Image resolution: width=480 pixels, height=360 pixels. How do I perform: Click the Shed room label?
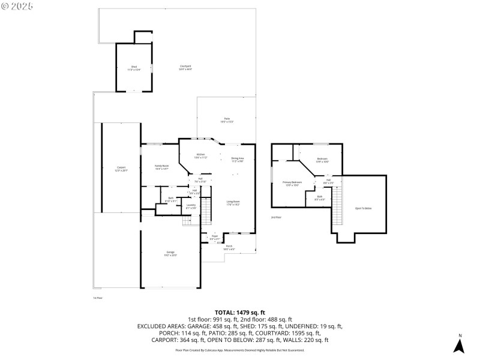tap(133, 68)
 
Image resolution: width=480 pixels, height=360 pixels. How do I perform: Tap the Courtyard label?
tap(185, 67)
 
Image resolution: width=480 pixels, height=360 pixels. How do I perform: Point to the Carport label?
tap(121, 169)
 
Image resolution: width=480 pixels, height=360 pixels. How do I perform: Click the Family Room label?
tap(161, 167)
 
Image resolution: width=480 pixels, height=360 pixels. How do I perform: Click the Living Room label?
tap(233, 203)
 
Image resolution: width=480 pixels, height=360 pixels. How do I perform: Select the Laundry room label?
tap(191, 206)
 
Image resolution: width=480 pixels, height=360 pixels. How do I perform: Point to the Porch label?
tap(229, 247)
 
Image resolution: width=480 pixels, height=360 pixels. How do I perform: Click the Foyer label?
tap(214, 238)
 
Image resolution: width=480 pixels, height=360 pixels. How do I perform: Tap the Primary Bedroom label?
tap(292, 183)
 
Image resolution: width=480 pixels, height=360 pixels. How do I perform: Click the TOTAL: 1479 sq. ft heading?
tap(239, 313)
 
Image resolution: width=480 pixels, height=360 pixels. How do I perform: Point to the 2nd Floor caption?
tap(276, 217)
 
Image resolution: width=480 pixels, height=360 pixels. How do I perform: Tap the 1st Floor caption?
tap(98, 298)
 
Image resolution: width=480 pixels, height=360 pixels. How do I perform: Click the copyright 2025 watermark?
tap(17, 5)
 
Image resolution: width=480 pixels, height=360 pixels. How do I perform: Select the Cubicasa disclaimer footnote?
tap(239, 350)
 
